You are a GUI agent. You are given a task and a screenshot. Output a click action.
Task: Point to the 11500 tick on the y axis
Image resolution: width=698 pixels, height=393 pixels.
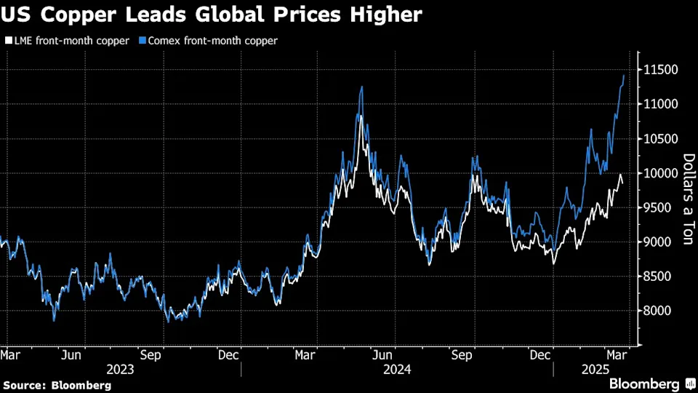tap(659, 70)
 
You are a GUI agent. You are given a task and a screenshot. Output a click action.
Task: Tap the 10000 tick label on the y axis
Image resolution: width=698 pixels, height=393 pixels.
tap(659, 173)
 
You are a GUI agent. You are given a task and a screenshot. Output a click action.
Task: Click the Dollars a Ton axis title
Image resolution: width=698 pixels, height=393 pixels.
tap(687, 199)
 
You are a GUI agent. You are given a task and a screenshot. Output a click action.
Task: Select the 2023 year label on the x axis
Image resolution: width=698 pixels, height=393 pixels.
tap(119, 368)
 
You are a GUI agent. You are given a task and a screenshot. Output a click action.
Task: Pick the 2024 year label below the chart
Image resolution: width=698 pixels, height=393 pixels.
tap(397, 368)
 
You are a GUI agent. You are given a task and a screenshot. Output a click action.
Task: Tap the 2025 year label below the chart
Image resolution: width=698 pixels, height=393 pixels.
tap(594, 368)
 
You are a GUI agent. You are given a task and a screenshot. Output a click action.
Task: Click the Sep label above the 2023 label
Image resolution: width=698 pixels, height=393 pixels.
tap(151, 355)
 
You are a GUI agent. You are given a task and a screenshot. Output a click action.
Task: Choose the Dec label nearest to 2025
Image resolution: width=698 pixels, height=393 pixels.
tap(539, 355)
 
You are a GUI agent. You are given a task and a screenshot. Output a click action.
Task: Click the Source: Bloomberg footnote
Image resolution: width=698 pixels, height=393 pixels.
tap(57, 384)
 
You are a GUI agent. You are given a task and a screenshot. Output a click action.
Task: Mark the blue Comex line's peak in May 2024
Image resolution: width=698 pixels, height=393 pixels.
tap(361, 87)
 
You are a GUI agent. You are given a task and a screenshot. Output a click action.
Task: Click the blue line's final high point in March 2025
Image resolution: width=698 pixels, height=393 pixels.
tap(624, 75)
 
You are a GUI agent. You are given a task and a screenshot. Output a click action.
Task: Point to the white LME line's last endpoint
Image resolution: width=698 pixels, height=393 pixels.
tap(622, 183)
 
